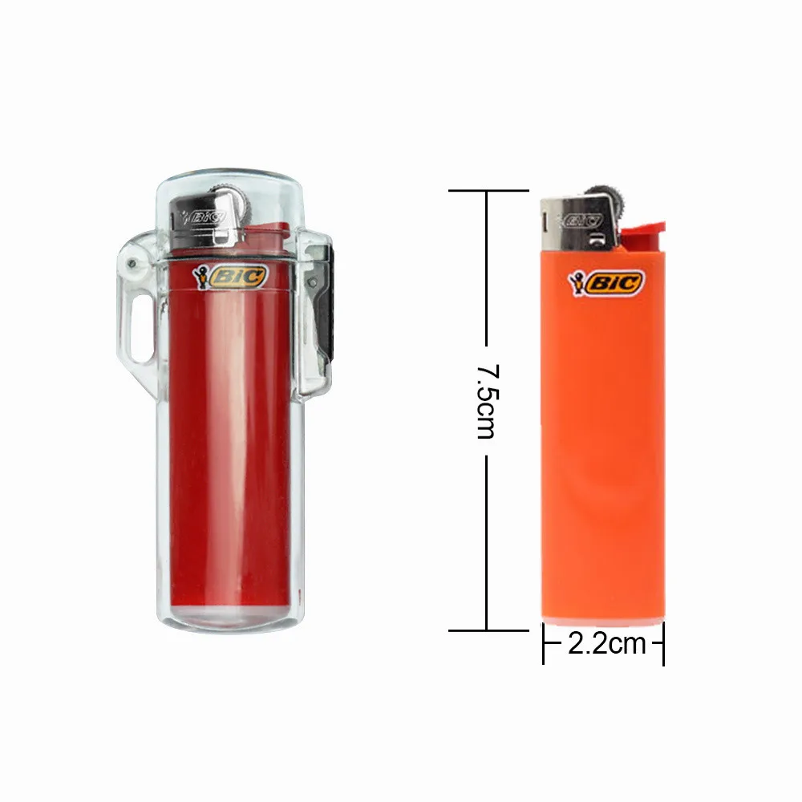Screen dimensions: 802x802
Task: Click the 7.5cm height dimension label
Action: coord(486,401)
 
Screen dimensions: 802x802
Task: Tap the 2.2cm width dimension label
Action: coord(606,643)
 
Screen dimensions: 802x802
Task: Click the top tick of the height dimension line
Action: coord(488,191)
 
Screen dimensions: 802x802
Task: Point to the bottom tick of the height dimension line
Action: coord(488,630)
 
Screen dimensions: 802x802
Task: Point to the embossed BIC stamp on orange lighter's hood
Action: coord(582,218)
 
